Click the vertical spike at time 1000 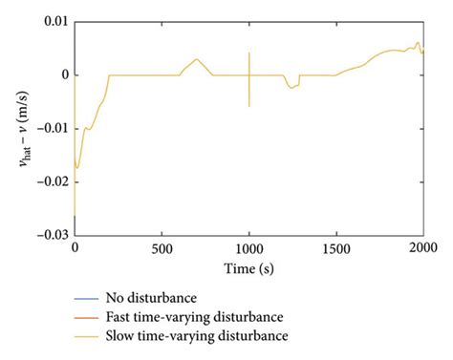[248, 81]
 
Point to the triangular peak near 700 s [197, 59]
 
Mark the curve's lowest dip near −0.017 [77, 167]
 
